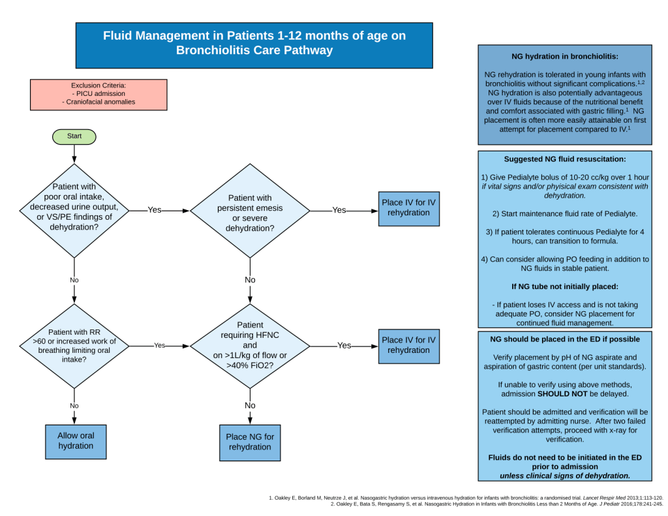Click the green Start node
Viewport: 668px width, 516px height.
pyautogui.click(x=74, y=136)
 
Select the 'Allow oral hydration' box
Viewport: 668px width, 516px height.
pyautogui.click(x=76, y=440)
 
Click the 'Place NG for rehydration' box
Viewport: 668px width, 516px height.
pyautogui.click(x=250, y=442)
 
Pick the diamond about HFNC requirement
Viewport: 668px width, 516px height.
pyautogui.click(x=250, y=345)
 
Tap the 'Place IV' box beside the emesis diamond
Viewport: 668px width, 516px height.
pyautogui.click(x=408, y=207)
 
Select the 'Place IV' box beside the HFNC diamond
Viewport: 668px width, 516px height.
pyautogui.click(x=408, y=345)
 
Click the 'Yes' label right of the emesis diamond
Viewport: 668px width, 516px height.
pyautogui.click(x=339, y=210)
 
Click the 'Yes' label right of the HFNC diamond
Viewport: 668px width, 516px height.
pyautogui.click(x=344, y=345)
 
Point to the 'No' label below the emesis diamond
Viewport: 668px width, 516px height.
pyautogui.click(x=250, y=280)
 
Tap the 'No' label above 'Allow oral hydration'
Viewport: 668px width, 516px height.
pyautogui.click(x=74, y=405)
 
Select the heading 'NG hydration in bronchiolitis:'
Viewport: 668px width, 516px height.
pyautogui.click(x=565, y=57)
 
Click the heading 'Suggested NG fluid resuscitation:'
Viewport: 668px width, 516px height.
pyautogui.click(x=565, y=159)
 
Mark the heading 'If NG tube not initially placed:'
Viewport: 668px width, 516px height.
pyautogui.click(x=565, y=286)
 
